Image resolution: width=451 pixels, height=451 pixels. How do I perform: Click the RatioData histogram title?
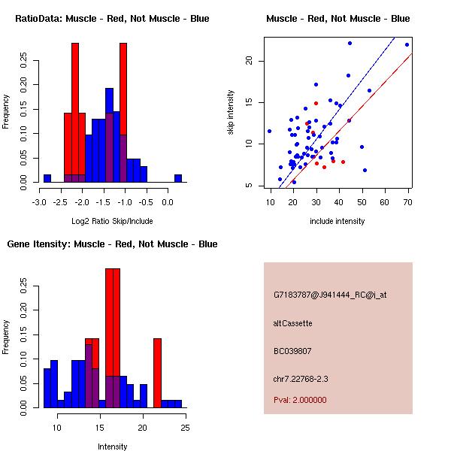coord(112,19)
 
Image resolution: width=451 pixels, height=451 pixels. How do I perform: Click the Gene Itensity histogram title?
coord(112,244)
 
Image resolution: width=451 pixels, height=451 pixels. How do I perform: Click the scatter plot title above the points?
coord(337,19)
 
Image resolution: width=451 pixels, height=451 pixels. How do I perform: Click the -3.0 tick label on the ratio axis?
coord(40,202)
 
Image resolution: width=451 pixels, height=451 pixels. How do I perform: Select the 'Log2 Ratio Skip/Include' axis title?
coord(112,221)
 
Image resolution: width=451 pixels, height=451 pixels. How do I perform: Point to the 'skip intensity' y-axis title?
coord(232,113)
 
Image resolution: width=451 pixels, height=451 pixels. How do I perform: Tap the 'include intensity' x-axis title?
coord(337,221)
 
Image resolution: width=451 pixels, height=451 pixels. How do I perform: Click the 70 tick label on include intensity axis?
coord(407,202)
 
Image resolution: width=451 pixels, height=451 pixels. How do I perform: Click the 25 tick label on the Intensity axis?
coord(185,428)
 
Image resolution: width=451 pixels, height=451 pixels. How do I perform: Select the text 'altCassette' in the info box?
coord(292,323)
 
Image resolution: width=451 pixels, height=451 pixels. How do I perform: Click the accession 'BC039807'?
coord(292,351)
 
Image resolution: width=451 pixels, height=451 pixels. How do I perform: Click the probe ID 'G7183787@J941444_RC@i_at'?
coord(330,295)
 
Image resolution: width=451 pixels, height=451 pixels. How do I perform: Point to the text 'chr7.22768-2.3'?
coord(301,378)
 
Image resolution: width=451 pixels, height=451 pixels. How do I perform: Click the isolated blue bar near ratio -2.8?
coord(47,178)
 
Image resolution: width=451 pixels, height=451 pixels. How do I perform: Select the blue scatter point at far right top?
coord(407,45)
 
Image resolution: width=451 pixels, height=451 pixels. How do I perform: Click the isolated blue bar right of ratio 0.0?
coord(178,178)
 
